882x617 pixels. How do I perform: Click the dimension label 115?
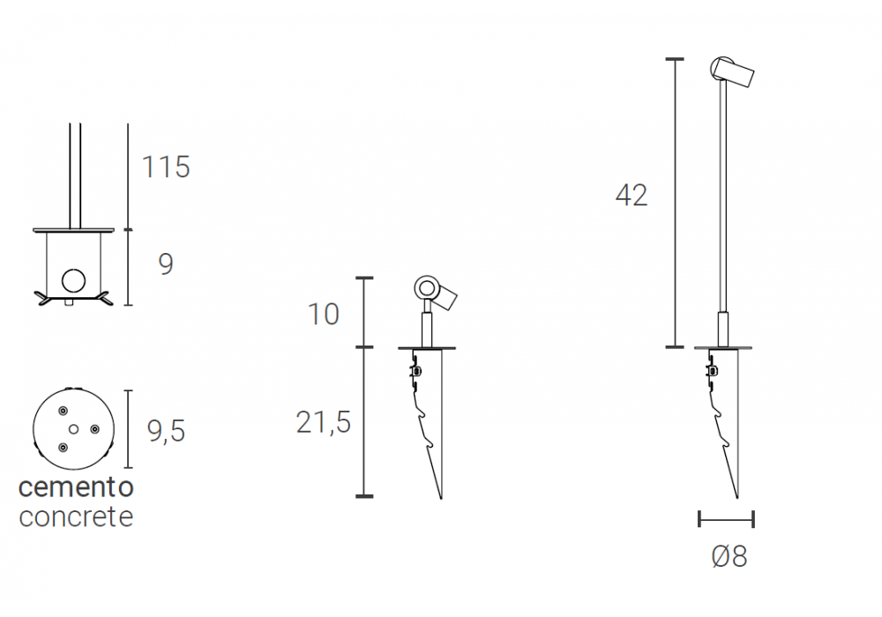click(x=166, y=167)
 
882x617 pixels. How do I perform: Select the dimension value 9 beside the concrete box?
click(x=166, y=264)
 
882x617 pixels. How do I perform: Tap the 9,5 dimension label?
click(x=166, y=431)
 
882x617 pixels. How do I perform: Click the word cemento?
click(x=76, y=487)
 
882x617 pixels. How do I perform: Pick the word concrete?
click(x=76, y=517)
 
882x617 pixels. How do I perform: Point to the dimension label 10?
click(x=324, y=314)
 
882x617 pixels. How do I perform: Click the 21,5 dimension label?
click(x=324, y=422)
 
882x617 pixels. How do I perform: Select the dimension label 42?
click(x=632, y=196)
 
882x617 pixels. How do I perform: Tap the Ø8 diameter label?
click(x=729, y=557)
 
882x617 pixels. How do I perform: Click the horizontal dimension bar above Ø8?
click(x=726, y=519)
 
